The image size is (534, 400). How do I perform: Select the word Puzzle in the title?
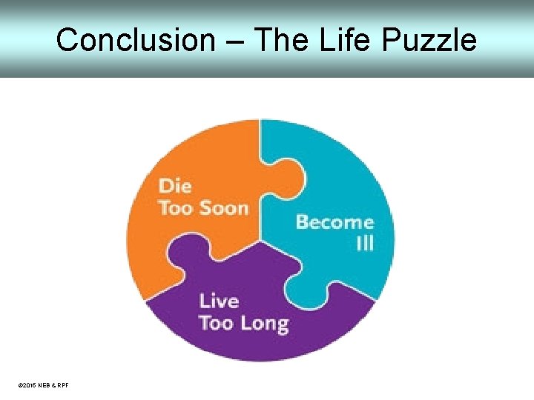tap(430, 39)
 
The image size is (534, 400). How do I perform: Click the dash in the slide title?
tap(234, 41)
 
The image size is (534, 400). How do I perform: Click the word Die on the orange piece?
tap(175, 186)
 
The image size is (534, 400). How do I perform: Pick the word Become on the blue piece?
tap(334, 222)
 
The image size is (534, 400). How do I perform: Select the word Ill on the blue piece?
tap(364, 243)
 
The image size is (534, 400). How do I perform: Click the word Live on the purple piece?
tap(219, 301)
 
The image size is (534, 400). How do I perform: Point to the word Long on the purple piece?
tap(264, 324)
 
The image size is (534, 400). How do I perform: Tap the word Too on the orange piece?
tap(176, 207)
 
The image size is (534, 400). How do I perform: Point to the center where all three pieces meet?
tap(261, 240)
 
